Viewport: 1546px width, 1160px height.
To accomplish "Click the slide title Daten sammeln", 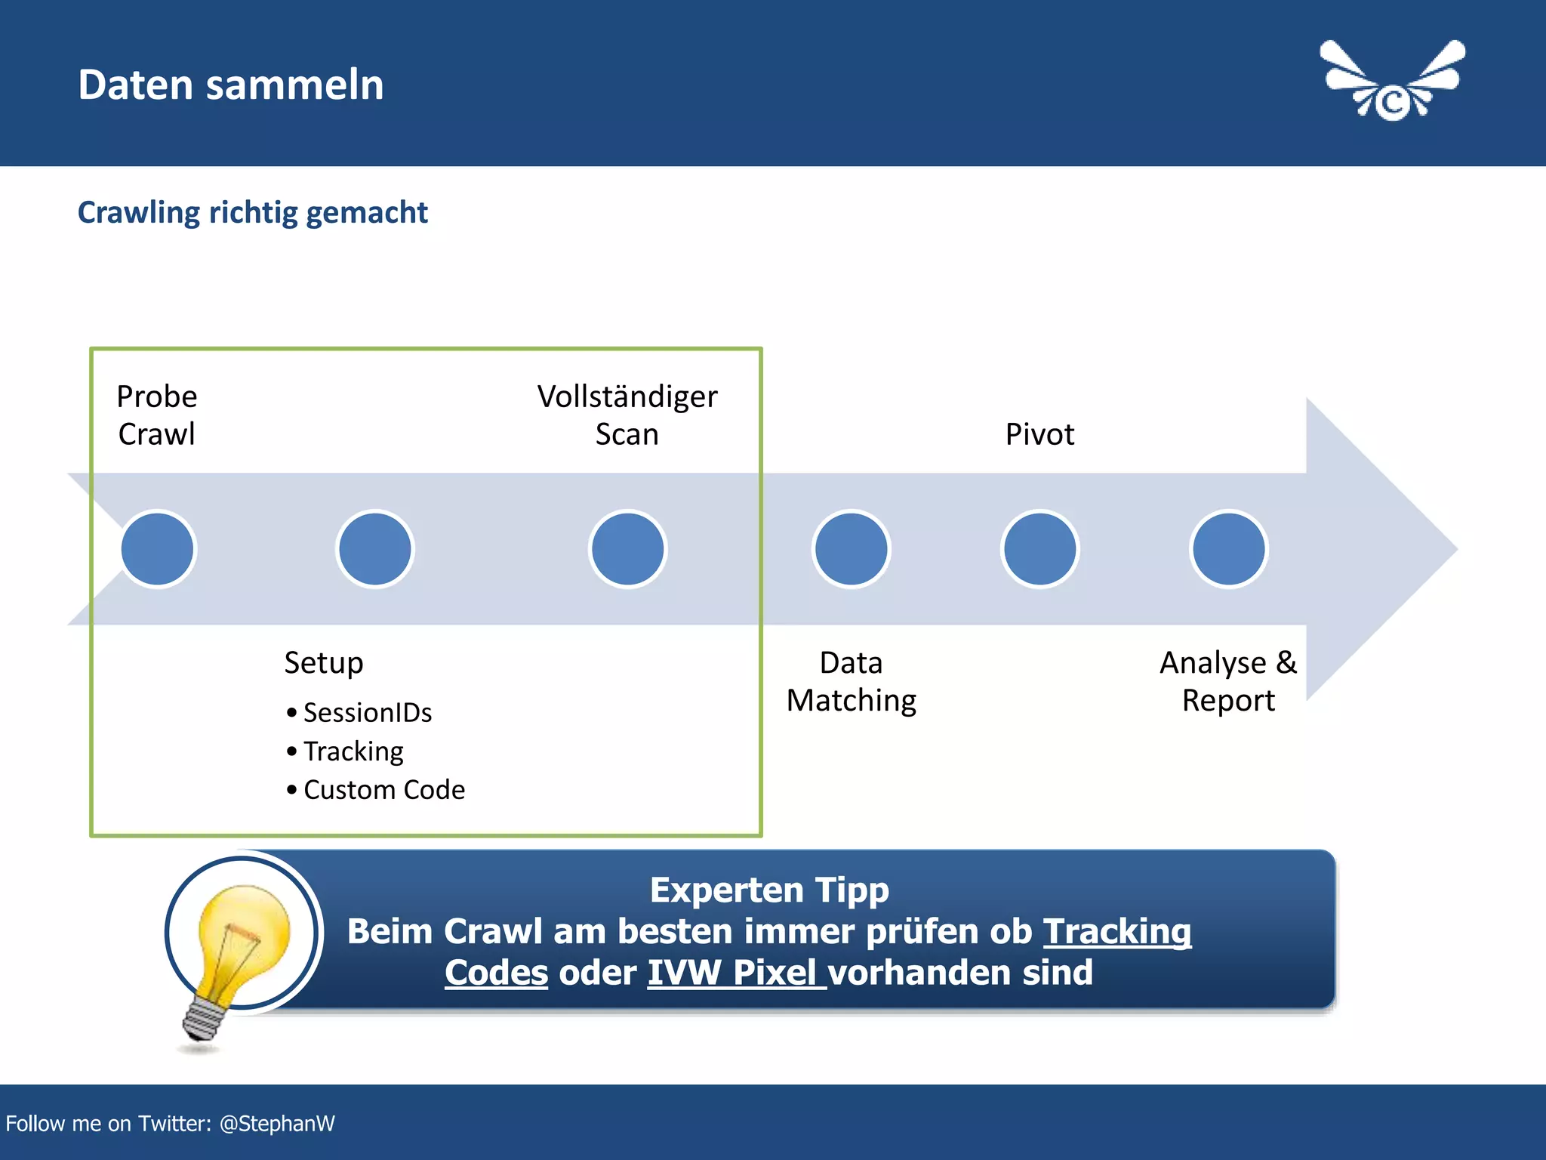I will click(x=230, y=85).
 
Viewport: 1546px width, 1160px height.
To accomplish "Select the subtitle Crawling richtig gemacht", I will click(x=252, y=212).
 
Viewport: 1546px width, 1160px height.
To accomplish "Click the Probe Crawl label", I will click(x=157, y=415).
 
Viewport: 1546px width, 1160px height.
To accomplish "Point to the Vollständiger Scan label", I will click(x=627, y=415).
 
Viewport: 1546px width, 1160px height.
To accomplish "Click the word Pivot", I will click(x=1039, y=434).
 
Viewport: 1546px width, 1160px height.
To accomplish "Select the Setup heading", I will click(x=324, y=662).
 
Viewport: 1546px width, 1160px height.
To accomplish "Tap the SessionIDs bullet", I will click(x=367, y=713).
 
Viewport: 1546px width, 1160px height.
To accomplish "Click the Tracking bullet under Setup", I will click(x=353, y=751).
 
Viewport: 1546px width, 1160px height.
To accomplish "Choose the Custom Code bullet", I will click(x=383, y=790).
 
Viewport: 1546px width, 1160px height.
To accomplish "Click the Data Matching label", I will click(x=852, y=681).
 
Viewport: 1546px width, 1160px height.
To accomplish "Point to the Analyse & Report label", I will click(x=1228, y=681).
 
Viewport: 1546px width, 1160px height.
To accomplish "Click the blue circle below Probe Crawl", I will click(x=158, y=549).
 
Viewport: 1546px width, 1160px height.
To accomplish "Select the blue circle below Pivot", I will click(x=1039, y=549).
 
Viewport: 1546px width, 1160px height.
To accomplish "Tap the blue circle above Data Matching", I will click(x=852, y=549).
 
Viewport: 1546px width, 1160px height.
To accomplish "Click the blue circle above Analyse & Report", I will click(x=1228, y=549).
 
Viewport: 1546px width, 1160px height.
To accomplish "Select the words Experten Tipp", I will click(x=769, y=890).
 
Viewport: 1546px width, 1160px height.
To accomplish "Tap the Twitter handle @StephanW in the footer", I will click(x=276, y=1124).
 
